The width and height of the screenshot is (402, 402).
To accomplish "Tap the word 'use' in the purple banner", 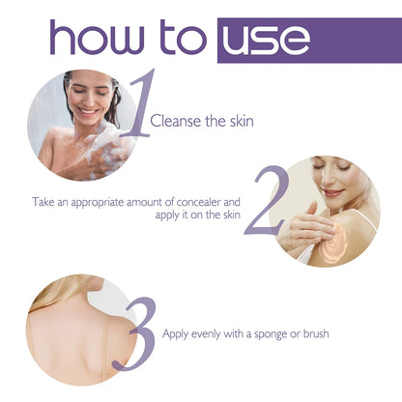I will point(265,40).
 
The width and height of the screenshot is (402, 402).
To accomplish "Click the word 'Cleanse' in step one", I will point(178,121).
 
